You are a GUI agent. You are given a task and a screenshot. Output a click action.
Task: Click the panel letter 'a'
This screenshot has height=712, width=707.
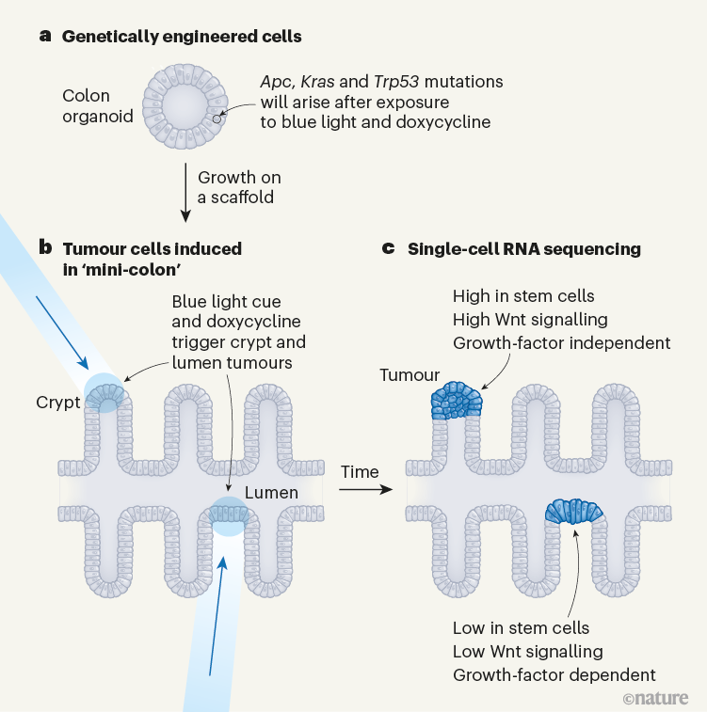pyautogui.click(x=44, y=37)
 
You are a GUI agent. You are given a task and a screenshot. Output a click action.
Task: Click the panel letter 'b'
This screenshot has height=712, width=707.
pyautogui.click(x=45, y=249)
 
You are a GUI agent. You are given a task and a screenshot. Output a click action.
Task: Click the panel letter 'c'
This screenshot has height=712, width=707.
pyautogui.click(x=389, y=249)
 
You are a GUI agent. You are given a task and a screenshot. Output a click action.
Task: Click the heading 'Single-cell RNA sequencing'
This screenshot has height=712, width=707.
pyautogui.click(x=523, y=249)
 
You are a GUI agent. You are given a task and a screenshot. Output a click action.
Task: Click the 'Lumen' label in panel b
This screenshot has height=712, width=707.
pyautogui.click(x=271, y=493)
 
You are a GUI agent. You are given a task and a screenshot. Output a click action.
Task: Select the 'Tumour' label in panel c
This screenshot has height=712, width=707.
pyautogui.click(x=410, y=375)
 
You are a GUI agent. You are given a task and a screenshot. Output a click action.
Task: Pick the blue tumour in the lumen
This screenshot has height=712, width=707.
pyautogui.click(x=574, y=510)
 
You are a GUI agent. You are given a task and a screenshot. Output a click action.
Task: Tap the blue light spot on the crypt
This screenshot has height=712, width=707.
pyautogui.click(x=104, y=391)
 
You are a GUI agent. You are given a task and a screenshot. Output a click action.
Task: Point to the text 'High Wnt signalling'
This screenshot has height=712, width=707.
pyautogui.click(x=530, y=320)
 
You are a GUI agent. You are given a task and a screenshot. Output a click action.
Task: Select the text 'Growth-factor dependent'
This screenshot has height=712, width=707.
pyautogui.click(x=554, y=674)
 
